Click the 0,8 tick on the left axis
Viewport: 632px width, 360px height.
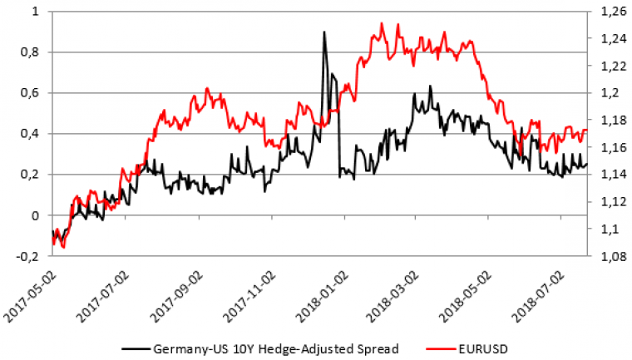[31, 52]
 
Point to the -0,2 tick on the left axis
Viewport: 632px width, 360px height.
[28, 256]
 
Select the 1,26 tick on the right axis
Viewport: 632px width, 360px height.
[610, 12]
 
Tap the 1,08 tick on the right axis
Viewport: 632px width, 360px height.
[610, 256]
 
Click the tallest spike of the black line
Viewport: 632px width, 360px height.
[324, 32]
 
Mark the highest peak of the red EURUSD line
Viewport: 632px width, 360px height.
[382, 23]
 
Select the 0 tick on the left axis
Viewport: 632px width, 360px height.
[36, 215]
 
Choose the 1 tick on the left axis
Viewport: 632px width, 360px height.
[36, 12]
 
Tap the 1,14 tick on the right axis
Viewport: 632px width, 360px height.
[610, 175]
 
